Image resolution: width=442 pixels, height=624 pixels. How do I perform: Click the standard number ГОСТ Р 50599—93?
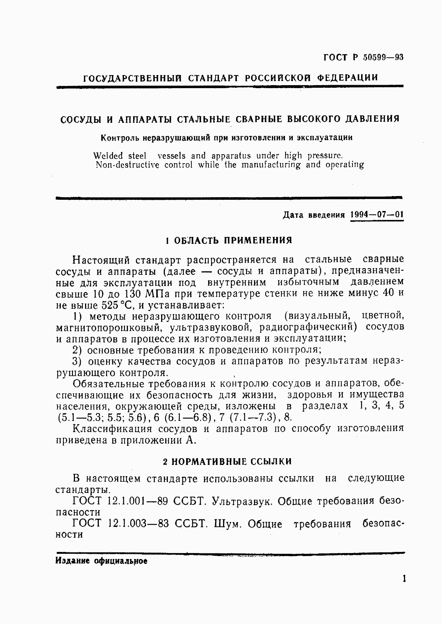tap(363, 58)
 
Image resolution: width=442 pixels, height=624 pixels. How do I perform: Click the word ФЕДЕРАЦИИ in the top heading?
tap(348, 78)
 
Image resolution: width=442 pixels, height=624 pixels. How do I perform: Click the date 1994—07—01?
tap(377, 215)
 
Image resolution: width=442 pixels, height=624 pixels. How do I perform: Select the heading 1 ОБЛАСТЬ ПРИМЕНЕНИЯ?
tap(229, 240)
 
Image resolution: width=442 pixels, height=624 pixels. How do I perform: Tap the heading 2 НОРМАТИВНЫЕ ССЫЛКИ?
tap(228, 462)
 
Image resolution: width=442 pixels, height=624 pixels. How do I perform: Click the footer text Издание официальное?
tap(101, 561)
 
